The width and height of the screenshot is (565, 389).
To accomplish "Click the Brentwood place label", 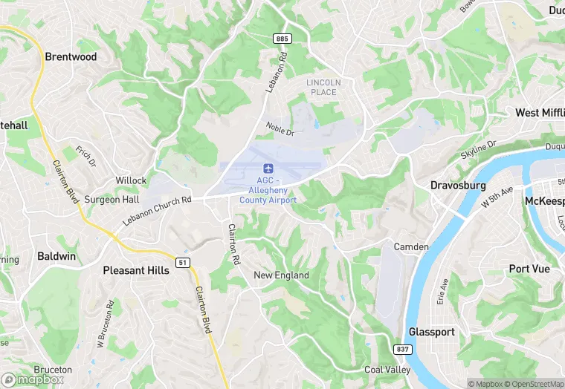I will pos(71,56).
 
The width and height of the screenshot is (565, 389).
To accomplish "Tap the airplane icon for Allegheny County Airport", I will pos(268,166).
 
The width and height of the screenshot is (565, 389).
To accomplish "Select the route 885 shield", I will pos(282,39).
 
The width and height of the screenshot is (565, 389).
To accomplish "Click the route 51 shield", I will pos(182,262).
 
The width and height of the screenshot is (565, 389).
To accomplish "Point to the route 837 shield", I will pos(401,349).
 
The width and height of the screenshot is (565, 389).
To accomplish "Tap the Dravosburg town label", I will pos(458,185).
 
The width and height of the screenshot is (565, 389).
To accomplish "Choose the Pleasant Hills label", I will pos(136,270).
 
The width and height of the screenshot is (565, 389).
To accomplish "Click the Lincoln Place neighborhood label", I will pos(323,87).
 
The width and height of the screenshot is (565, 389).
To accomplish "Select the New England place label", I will pos(281,275).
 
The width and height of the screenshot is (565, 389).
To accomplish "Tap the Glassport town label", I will pos(431,332).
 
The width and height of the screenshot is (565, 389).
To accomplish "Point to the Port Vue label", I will pos(529,269).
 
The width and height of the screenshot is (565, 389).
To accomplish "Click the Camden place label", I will pos(411,246).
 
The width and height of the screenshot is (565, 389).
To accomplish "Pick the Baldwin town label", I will pos(56,256).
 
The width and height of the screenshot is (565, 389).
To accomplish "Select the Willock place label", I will pos(131,180).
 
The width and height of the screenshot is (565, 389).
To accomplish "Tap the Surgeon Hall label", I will pos(112,200).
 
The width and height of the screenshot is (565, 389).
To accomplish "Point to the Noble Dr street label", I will pos(280,129).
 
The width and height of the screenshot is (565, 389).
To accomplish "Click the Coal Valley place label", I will pos(387,370).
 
